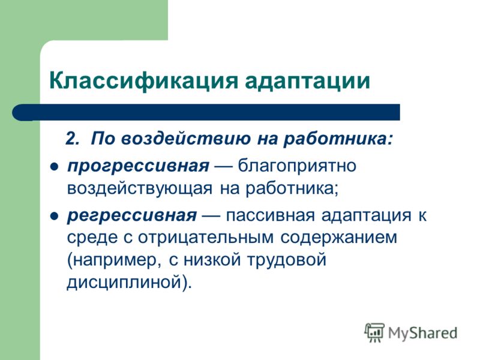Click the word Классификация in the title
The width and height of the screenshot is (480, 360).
point(143,81)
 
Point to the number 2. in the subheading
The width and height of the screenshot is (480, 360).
point(73,139)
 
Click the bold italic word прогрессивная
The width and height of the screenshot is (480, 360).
point(139,167)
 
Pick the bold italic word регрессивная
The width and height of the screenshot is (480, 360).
point(132,216)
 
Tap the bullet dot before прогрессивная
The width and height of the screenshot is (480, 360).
point(54,167)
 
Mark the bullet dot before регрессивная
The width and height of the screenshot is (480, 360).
point(54,217)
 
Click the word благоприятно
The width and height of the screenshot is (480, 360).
point(297,167)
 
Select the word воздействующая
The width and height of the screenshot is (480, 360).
point(140,188)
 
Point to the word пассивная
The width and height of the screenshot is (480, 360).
point(271,215)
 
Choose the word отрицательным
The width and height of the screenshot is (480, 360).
point(206,238)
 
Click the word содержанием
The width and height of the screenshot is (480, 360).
point(338,238)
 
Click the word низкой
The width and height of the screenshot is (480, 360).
point(212,260)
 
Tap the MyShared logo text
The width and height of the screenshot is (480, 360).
point(422,333)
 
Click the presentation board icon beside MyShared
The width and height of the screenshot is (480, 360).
point(374,332)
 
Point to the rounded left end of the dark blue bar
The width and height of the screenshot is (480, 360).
point(13,112)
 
